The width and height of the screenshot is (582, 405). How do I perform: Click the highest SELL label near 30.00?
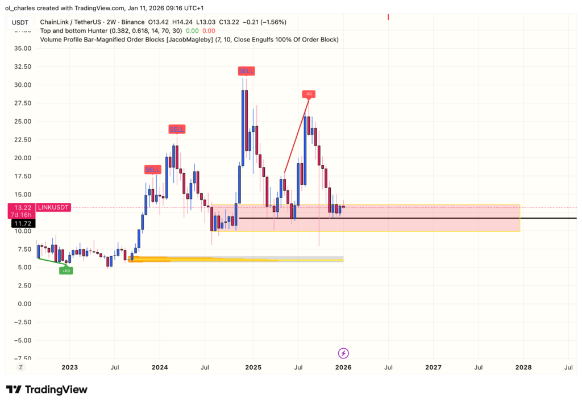click(x=246, y=71)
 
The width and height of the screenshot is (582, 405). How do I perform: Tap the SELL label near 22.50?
click(x=177, y=130)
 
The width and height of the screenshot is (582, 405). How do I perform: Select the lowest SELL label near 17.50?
click(x=152, y=169)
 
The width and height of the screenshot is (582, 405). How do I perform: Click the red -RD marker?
click(x=308, y=94)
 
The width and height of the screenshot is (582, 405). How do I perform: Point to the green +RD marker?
click(x=66, y=270)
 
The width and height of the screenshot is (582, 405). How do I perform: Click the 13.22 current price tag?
click(x=21, y=208)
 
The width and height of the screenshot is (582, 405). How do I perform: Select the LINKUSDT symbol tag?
click(x=54, y=208)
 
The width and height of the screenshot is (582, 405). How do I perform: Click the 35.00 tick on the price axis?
click(x=23, y=49)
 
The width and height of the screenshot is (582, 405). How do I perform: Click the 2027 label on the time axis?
click(x=433, y=368)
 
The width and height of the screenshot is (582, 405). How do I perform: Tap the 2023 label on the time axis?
click(x=69, y=368)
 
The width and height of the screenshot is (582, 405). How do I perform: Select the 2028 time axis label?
click(x=523, y=368)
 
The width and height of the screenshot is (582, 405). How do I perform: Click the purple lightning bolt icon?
click(x=343, y=353)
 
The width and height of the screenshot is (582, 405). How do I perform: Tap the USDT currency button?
click(x=20, y=22)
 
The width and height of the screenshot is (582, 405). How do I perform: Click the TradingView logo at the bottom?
click(x=47, y=390)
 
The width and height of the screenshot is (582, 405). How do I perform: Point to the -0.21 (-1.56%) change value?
click(x=264, y=22)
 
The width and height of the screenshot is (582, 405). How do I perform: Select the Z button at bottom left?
click(x=20, y=368)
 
